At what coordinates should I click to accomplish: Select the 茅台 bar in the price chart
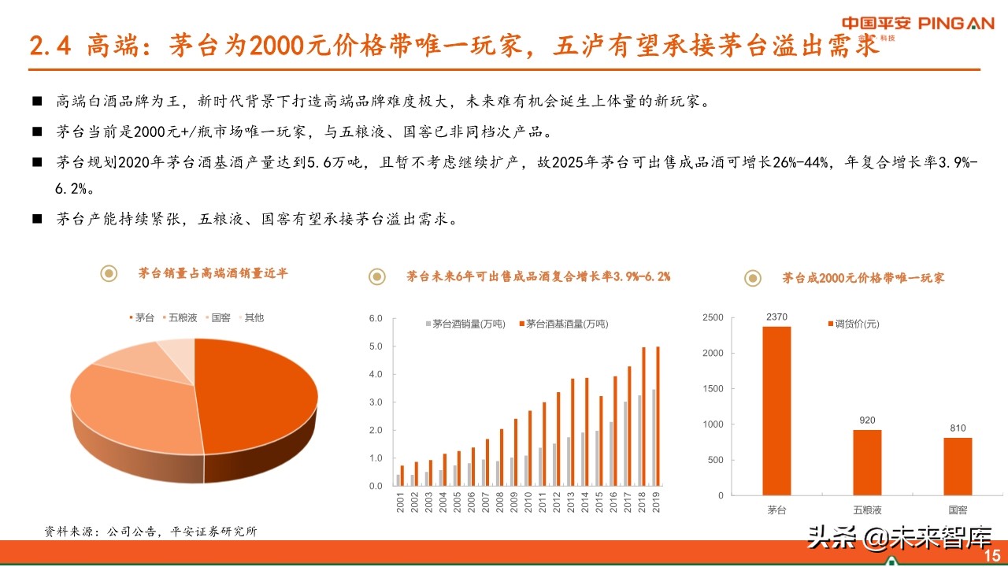tap(776, 410)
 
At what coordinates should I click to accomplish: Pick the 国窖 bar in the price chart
tap(957, 466)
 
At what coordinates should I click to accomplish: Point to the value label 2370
tap(776, 317)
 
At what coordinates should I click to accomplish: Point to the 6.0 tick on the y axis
tap(375, 318)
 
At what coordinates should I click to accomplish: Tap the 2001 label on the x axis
tap(399, 502)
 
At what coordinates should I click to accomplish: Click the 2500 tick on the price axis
tap(712, 317)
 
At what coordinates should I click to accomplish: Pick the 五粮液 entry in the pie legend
tap(180, 317)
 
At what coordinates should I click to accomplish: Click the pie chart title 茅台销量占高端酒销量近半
tap(213, 273)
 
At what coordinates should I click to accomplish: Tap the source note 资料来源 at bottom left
tap(150, 532)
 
